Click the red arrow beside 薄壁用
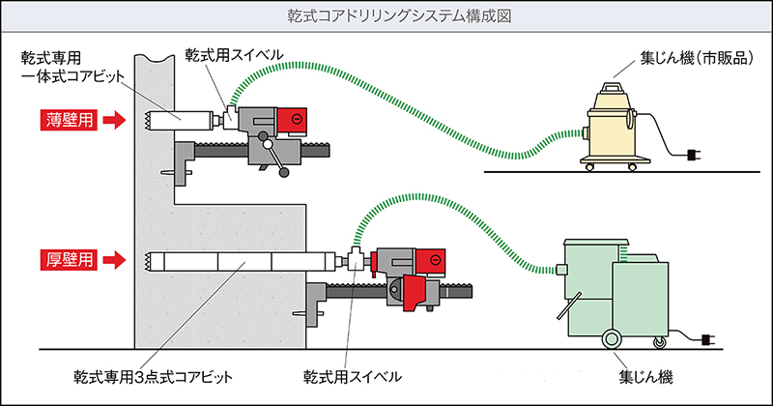click(114, 121)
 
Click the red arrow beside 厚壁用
click(114, 259)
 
